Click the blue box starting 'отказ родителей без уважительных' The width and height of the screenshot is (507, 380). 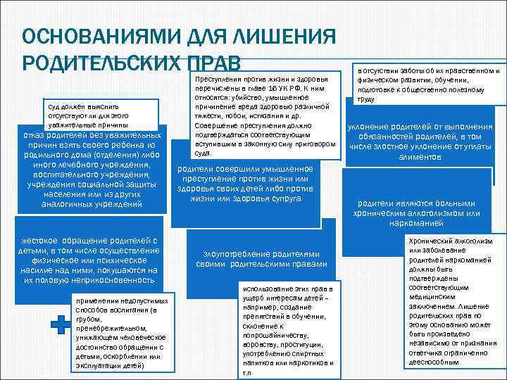92,169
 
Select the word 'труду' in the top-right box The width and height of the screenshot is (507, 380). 366,100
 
